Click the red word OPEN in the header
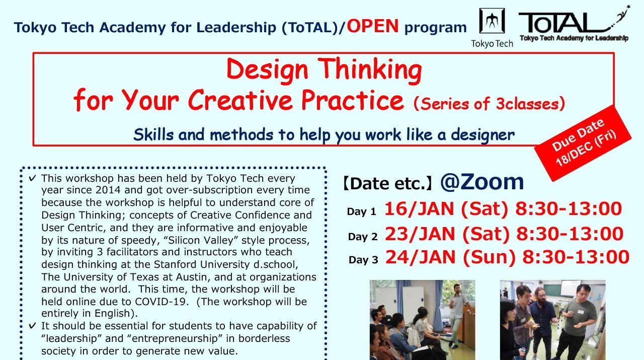pyautogui.click(x=373, y=26)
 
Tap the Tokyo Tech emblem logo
pyautogui.click(x=492, y=21)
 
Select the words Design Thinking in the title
pyautogui.click(x=324, y=70)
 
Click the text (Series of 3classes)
pyautogui.click(x=489, y=104)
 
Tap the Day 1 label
pyautogui.click(x=361, y=212)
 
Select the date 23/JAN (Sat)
pyautogui.click(x=447, y=234)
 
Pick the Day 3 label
pyautogui.click(x=363, y=260)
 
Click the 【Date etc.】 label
pyautogui.click(x=387, y=184)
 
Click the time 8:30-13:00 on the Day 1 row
pyautogui.click(x=569, y=209)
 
